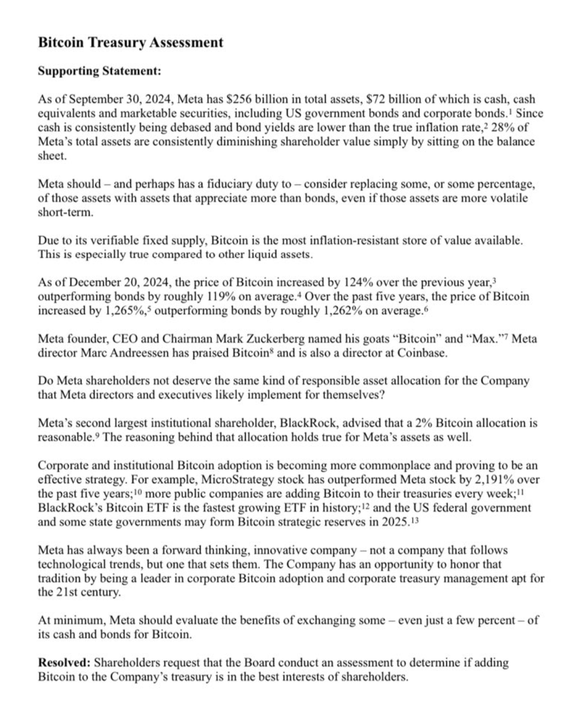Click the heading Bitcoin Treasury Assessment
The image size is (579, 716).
tap(130, 42)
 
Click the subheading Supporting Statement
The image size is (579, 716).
tap(99, 71)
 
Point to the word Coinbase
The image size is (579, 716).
tap(422, 353)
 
